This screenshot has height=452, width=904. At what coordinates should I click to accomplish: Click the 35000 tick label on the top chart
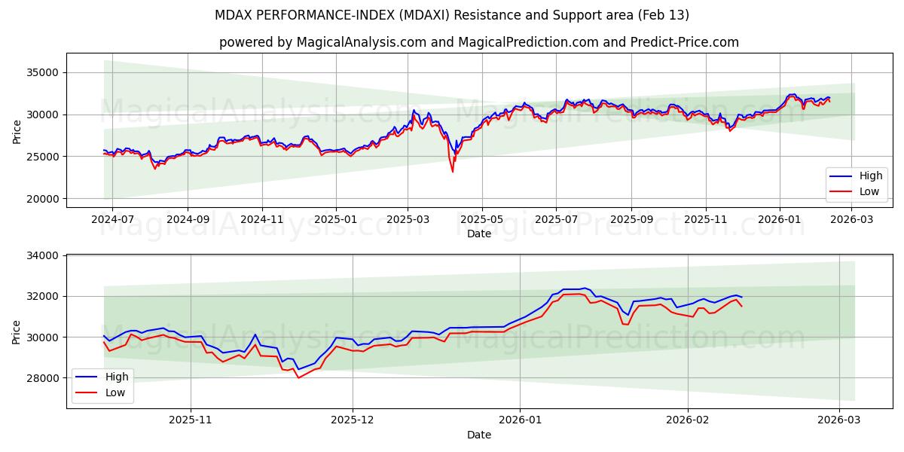pos(44,72)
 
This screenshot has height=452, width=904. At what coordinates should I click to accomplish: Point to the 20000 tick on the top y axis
pos(44,199)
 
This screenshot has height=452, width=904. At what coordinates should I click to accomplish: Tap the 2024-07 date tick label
pos(112,218)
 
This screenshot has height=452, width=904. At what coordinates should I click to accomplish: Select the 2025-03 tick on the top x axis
pos(408,218)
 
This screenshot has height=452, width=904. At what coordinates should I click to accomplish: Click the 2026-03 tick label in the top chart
pos(852,218)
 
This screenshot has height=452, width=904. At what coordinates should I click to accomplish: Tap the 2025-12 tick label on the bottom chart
pos(353,420)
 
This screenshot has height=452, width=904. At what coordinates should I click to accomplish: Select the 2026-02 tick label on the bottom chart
pos(689,420)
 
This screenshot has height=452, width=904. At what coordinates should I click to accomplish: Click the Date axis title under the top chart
pos(479,234)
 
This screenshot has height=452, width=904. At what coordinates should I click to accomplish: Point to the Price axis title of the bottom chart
pos(17,331)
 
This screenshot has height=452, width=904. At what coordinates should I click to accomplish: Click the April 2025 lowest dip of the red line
pos(453,172)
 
